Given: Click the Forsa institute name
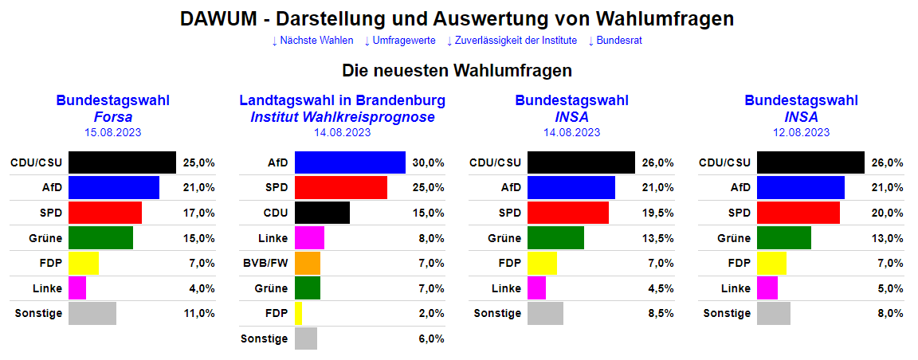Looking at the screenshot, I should click(x=112, y=117).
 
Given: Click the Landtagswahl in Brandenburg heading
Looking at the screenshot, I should click(x=342, y=100).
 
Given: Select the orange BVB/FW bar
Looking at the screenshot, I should click(x=308, y=263).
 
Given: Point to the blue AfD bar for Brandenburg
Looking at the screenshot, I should click(x=350, y=162).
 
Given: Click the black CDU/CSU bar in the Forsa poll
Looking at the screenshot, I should click(x=122, y=162).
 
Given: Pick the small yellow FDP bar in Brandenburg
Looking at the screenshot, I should click(x=299, y=313).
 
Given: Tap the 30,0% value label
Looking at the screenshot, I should click(x=428, y=162).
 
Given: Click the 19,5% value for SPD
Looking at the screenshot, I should click(x=657, y=213).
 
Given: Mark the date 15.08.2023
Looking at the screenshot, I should click(x=112, y=133).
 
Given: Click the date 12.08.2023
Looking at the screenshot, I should click(x=801, y=133).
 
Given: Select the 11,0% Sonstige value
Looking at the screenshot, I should click(x=198, y=313).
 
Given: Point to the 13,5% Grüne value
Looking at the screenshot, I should click(x=657, y=238).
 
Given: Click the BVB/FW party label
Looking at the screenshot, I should click(x=265, y=263).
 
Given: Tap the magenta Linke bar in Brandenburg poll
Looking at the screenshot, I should click(x=309, y=238).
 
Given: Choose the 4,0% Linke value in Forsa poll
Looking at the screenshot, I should click(x=198, y=288).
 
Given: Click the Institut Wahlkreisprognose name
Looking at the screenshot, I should click(x=342, y=117).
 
